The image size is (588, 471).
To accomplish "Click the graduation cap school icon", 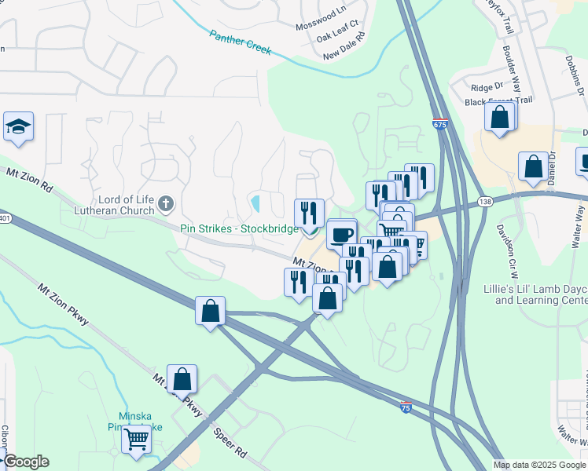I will tap(17, 127).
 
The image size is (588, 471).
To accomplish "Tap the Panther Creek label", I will tap(240, 42).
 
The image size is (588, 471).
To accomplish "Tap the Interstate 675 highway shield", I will tap(440, 125).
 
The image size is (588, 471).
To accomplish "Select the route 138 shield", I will tap(483, 202).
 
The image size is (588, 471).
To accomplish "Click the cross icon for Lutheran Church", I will tap(165, 204).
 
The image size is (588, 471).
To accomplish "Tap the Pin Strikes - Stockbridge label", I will tap(239, 228).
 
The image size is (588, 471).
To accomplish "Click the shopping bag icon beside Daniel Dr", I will tap(534, 167).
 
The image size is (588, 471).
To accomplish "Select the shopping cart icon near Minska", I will tap(137, 440).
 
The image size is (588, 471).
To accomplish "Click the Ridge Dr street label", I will tap(487, 87).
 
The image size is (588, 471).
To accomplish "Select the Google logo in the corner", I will tap(26, 462).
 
